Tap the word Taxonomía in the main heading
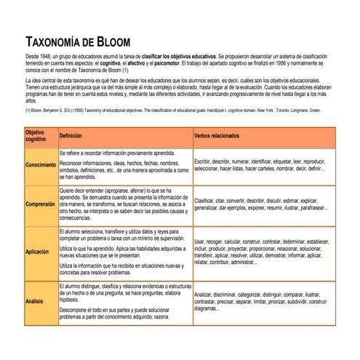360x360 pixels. [x=55, y=41]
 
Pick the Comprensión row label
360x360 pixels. [x=40, y=205]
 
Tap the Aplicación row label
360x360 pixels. [x=37, y=252]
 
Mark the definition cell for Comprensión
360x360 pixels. [x=124, y=205]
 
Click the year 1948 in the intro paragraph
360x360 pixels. [x=48, y=55]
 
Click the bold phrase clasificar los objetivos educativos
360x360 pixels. [x=183, y=55]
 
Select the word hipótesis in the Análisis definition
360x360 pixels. [x=71, y=300]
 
